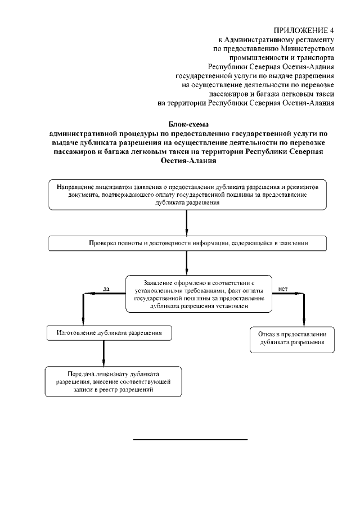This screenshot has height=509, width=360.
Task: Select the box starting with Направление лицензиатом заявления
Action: click(x=187, y=194)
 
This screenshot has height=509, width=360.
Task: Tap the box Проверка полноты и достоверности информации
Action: click(x=187, y=243)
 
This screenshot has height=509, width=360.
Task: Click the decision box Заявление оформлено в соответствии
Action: click(x=199, y=294)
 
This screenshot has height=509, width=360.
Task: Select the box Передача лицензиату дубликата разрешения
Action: click(x=113, y=381)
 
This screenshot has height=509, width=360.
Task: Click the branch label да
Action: click(x=106, y=289)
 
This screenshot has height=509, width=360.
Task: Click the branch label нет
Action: click(x=283, y=289)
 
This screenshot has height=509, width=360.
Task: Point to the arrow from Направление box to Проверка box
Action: click(x=187, y=223)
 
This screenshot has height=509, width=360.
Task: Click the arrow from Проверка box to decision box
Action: click(x=187, y=262)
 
